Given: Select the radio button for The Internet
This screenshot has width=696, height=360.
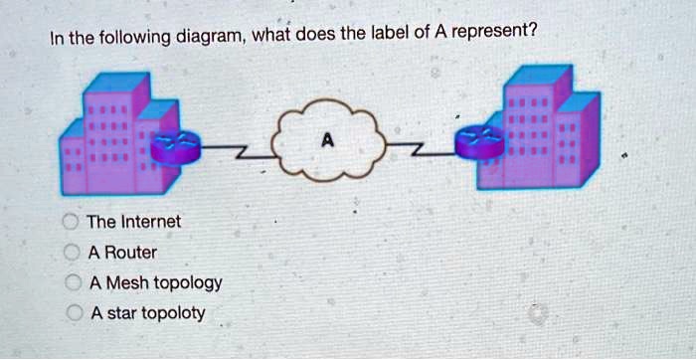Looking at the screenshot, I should (72, 221).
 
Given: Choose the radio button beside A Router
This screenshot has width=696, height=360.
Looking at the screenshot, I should (72, 252).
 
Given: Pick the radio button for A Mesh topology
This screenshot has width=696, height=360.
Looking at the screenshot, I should (72, 282).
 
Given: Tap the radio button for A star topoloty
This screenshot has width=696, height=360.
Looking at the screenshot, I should (72, 313).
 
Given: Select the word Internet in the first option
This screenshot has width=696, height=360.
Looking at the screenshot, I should (148, 221).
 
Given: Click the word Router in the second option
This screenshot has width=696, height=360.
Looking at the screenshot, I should (130, 252).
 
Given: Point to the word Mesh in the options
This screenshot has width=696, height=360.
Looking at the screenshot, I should (126, 282).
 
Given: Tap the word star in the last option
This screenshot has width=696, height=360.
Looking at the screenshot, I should (121, 313).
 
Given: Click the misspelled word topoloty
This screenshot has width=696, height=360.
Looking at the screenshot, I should (173, 314).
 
